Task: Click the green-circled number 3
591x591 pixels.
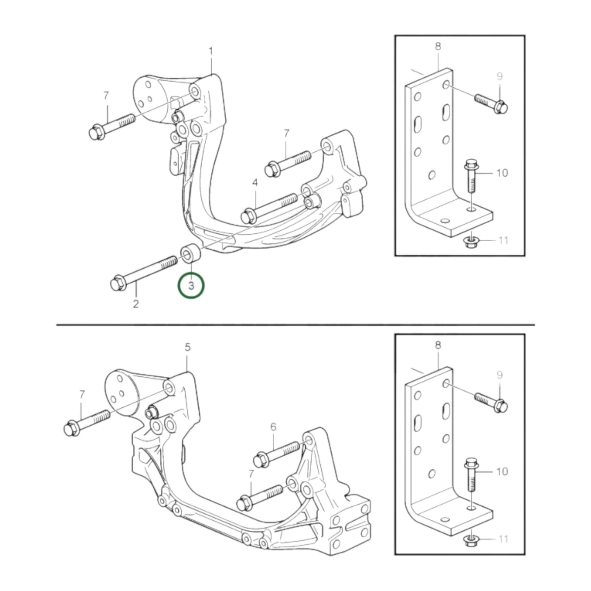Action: [191, 286]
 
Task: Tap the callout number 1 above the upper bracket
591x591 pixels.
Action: [211, 51]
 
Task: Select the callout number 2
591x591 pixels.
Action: [135, 304]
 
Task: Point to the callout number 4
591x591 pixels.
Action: [255, 183]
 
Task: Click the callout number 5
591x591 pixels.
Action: [188, 347]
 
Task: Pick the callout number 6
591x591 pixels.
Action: [273, 427]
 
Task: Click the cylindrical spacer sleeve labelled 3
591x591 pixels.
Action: [191, 253]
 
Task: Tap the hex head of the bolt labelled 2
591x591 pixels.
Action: [118, 284]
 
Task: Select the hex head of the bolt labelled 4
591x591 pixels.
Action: [248, 216]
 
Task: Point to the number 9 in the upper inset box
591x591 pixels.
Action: [500, 76]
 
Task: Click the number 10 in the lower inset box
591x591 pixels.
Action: [502, 472]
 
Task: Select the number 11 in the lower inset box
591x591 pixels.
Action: [503, 539]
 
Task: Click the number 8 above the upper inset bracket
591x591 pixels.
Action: [438, 46]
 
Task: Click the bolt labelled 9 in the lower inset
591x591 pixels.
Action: [491, 402]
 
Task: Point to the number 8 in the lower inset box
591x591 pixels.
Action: [438, 345]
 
